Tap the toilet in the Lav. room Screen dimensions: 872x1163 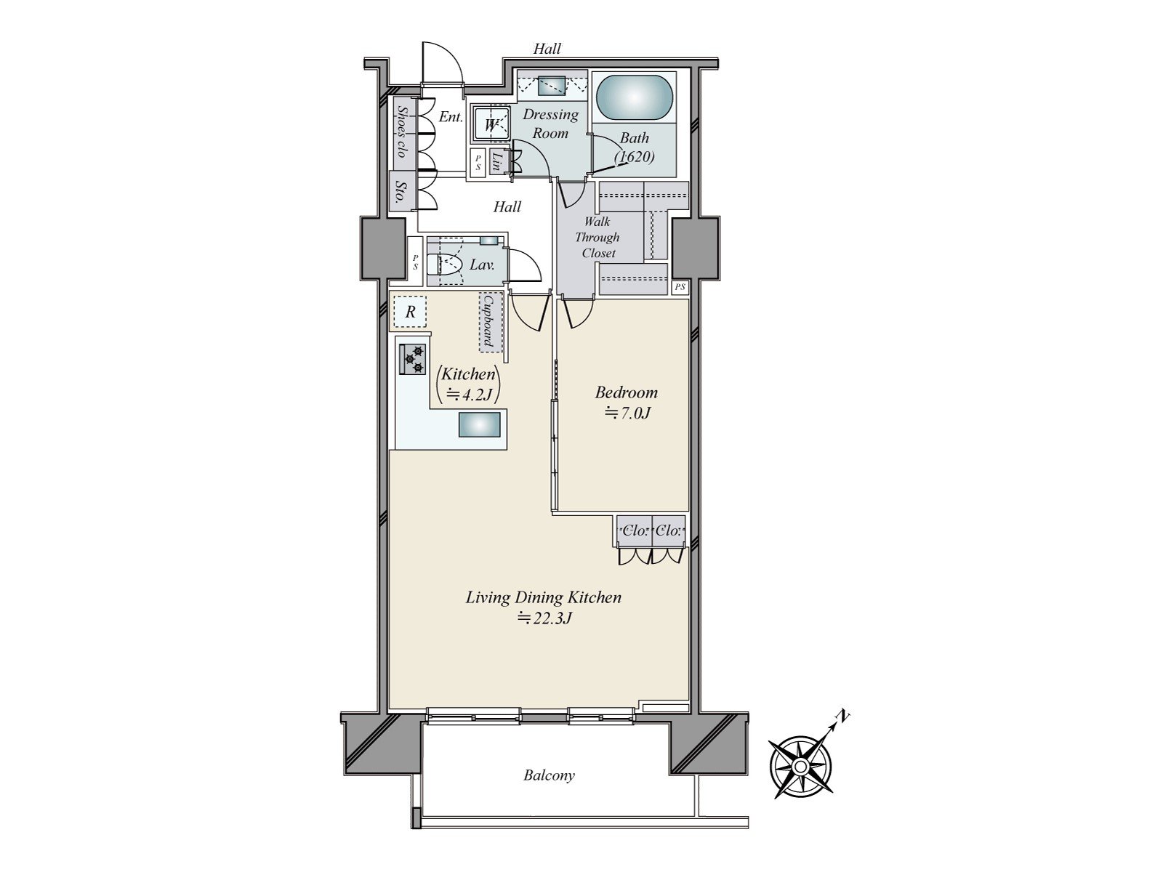pyautogui.click(x=444, y=265)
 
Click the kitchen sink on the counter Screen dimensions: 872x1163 pyautogui.click(x=479, y=425)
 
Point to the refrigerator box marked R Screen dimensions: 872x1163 pyautogui.click(x=410, y=312)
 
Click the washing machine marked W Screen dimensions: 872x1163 pyautogui.click(x=491, y=124)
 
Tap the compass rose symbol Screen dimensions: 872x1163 pyautogui.click(x=800, y=767)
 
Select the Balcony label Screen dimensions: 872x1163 pyautogui.click(x=549, y=775)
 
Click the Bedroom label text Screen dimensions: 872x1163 pyautogui.click(x=626, y=393)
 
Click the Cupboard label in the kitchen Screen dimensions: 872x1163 pyautogui.click(x=488, y=321)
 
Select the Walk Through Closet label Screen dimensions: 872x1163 pyautogui.click(x=597, y=237)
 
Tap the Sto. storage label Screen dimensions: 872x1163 pyautogui.click(x=400, y=192)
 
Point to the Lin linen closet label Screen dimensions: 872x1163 pyautogui.click(x=497, y=161)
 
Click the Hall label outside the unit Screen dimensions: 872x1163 pyautogui.click(x=547, y=49)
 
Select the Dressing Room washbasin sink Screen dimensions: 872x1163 pyautogui.click(x=553, y=86)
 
